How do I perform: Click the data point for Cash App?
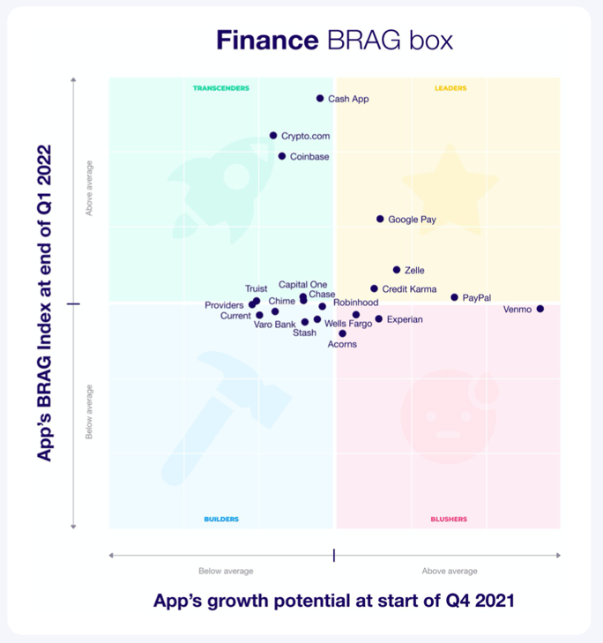click(320, 99)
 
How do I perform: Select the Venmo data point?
click(540, 309)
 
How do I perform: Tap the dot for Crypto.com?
click(273, 136)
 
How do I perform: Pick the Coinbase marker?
click(282, 156)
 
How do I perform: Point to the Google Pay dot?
click(380, 219)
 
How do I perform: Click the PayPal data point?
click(455, 298)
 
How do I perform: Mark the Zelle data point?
click(397, 270)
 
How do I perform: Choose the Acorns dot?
click(342, 333)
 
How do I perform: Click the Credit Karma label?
click(409, 289)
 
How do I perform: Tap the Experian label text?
click(405, 319)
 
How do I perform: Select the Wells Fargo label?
click(348, 324)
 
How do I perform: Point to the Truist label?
click(257, 288)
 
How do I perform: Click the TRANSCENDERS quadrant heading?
click(221, 88)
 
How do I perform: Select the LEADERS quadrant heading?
click(450, 88)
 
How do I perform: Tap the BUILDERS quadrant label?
click(221, 520)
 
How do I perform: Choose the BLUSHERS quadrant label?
click(449, 520)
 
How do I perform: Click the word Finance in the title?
click(267, 41)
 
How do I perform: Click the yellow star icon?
click(448, 187)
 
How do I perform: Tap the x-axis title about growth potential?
click(333, 601)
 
